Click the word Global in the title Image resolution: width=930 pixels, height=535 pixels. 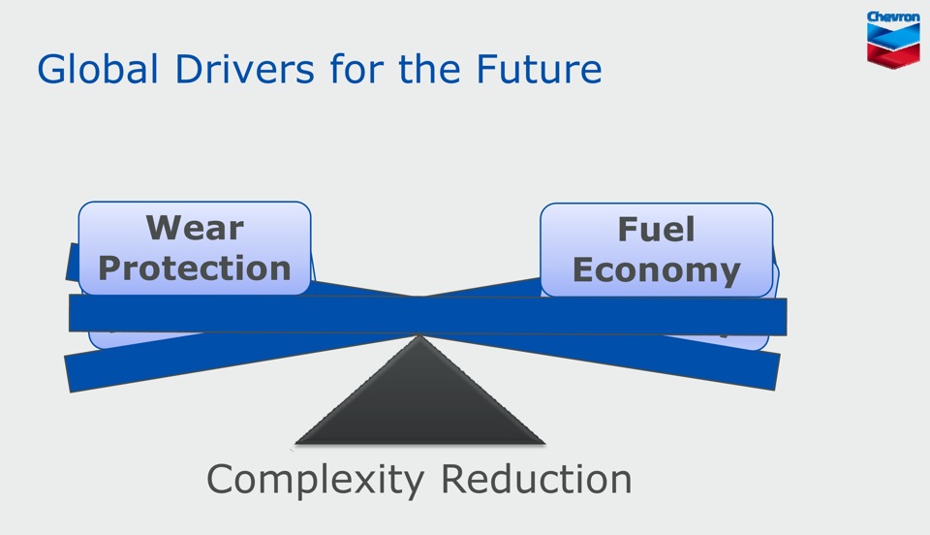pos(98,69)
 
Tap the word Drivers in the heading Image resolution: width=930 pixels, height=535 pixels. pos(244,69)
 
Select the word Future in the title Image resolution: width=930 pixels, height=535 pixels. pos(540,69)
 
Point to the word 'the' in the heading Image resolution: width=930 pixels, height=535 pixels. pos(429,69)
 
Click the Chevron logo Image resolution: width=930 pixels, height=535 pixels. pos(893,39)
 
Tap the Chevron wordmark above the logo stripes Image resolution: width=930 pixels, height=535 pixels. pos(893,17)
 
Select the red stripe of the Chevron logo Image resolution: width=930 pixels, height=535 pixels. pos(893,54)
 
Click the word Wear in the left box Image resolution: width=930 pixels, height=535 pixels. pos(195,228)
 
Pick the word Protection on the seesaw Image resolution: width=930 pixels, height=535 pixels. pos(195,268)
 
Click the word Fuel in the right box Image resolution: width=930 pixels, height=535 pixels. pos(656,229)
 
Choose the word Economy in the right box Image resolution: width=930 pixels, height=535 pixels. pos(656,270)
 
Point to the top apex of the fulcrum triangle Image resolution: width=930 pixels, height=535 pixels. pos(419,335)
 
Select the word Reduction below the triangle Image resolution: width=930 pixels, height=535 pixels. pos(537,479)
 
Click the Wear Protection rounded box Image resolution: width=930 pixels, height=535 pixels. pos(195,248)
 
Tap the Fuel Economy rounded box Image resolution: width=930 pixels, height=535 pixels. pos(657,250)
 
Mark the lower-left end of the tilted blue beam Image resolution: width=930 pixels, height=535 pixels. pos(68,374)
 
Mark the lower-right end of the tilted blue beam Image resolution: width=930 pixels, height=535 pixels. pos(778,372)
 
